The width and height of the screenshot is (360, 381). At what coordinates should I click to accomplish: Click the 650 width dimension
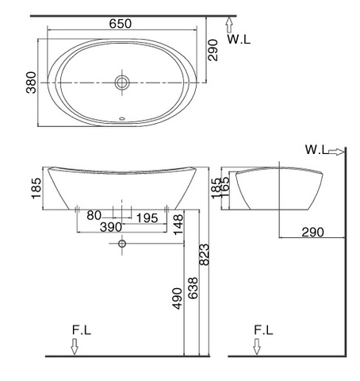point(121,24)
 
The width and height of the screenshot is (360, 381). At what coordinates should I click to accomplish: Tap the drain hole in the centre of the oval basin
point(121,82)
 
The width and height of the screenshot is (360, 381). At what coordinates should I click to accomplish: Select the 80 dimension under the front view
point(94,216)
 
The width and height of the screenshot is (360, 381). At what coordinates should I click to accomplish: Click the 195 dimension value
point(144,216)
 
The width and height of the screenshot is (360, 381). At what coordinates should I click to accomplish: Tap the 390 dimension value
point(110,227)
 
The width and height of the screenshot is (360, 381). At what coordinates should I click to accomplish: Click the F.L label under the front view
point(79,329)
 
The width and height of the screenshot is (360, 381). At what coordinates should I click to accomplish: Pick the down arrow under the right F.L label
point(256,346)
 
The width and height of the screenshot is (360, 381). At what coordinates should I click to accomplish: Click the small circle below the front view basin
point(121,244)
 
